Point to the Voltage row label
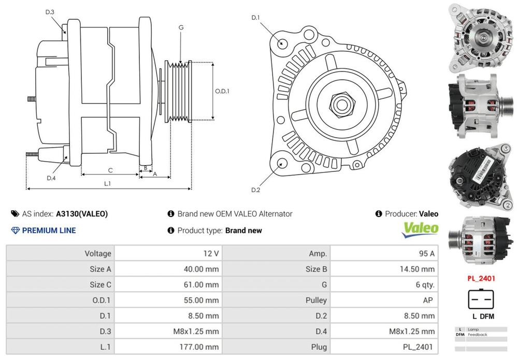pos(98,253)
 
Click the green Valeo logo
pos(421,229)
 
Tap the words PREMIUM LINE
pos(49,231)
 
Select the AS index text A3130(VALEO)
pos(82,213)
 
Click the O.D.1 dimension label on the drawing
pos(222,91)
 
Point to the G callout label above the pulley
pos(181,27)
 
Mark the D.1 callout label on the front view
pos(255,18)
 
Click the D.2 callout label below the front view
pos(255,190)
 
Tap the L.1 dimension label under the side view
pos(108,183)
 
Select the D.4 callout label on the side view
pos(51,178)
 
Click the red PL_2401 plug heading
pos(481,278)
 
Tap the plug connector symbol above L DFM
pos(481,299)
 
